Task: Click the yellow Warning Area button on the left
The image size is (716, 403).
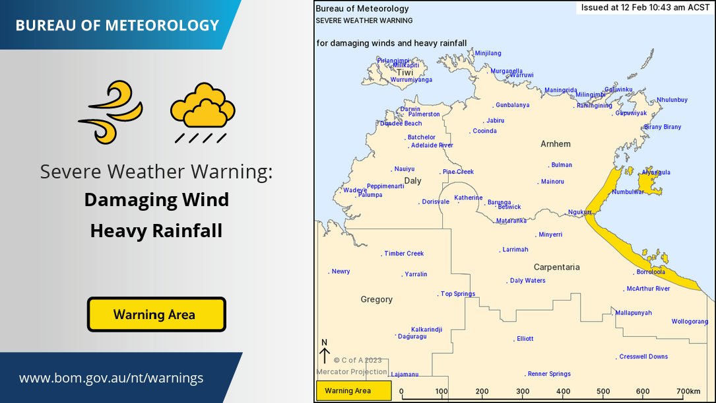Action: (x=156, y=314)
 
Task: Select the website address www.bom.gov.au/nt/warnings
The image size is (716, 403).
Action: (x=111, y=378)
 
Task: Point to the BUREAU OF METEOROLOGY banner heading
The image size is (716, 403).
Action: (x=117, y=26)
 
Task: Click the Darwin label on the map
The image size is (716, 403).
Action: (x=410, y=109)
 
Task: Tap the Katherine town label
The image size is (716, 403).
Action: (x=468, y=198)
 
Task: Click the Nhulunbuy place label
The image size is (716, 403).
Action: (x=672, y=100)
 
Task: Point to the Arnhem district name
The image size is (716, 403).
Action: (x=555, y=144)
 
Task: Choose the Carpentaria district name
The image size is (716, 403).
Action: (x=556, y=267)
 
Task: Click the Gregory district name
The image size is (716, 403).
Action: (x=376, y=299)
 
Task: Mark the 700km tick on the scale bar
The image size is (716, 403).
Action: (x=687, y=391)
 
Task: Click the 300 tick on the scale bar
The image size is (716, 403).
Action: (x=523, y=391)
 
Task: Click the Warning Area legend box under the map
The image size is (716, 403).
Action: (x=354, y=390)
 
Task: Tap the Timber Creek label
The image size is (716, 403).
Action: (x=404, y=254)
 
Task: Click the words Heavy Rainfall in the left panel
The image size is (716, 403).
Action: (x=156, y=231)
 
